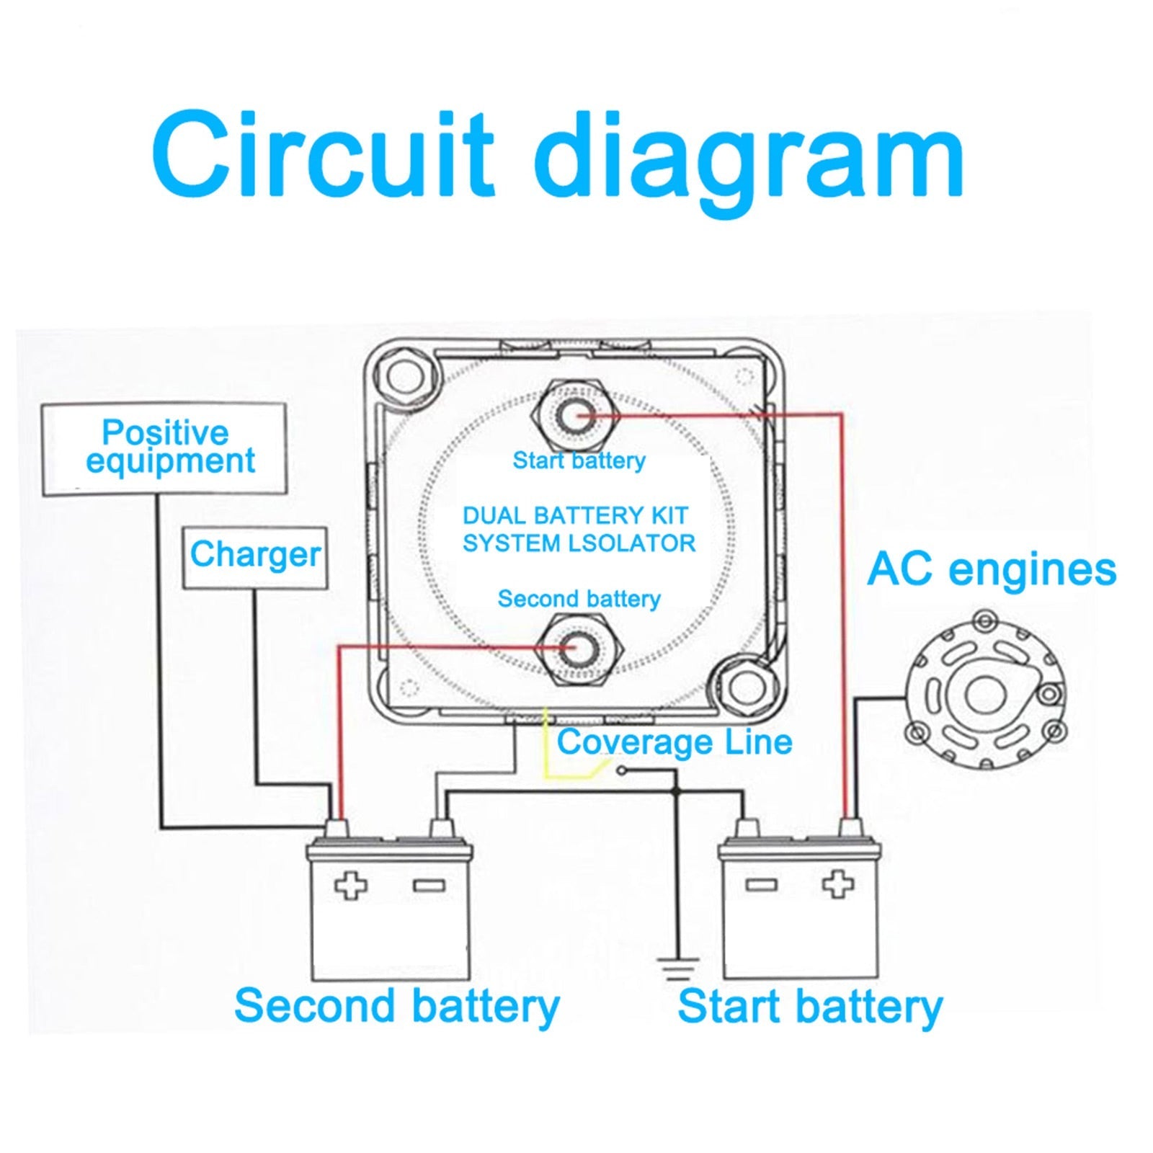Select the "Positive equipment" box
tap(164, 449)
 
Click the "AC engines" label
tap(991, 569)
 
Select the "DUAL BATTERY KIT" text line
tap(574, 516)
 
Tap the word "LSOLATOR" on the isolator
tap(631, 543)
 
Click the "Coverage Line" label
tap(674, 742)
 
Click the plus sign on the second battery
tap(350, 886)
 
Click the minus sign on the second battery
tap(423, 886)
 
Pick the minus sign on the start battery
tap(762, 884)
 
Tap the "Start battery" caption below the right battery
tap(809, 1006)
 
